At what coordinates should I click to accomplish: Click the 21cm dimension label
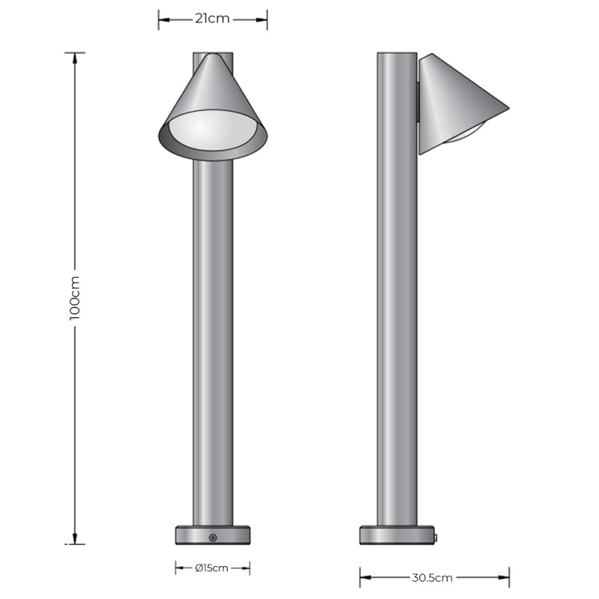(x=212, y=19)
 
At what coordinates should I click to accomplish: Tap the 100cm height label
(x=74, y=298)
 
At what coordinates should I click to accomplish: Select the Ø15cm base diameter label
(x=211, y=568)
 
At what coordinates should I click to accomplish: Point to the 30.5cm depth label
(x=434, y=577)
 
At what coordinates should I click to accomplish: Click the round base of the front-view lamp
(x=213, y=536)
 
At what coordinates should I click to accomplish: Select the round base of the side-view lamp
(x=397, y=536)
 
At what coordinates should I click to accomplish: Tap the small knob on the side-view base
(x=435, y=536)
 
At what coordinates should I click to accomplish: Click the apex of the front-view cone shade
(x=213, y=55)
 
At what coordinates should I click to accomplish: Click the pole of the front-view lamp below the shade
(x=213, y=337)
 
